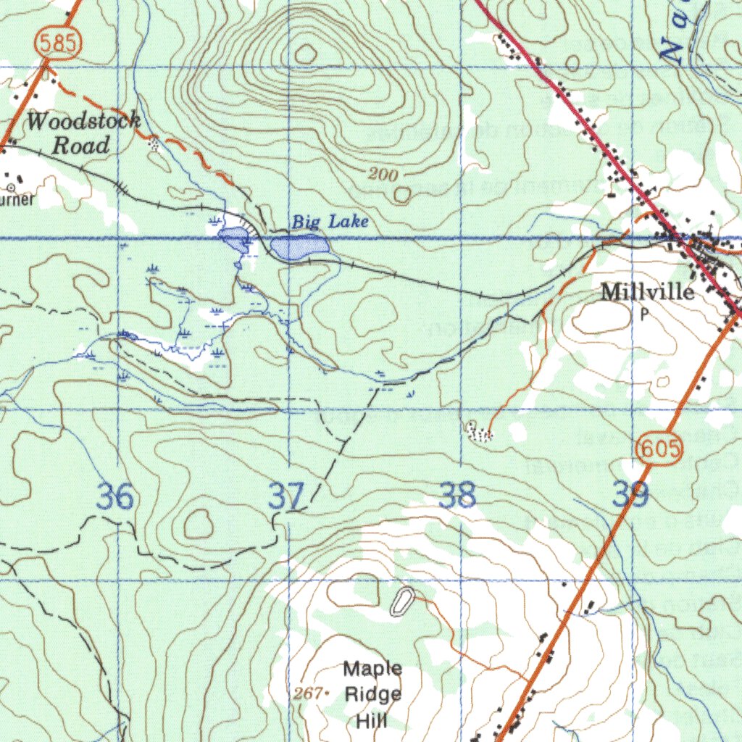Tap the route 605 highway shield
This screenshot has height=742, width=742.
coord(659,450)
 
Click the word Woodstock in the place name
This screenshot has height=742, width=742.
coord(83,121)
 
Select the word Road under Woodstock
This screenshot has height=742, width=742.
coord(81,146)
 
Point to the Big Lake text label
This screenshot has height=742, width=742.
coord(330,222)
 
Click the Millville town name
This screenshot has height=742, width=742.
coord(647,292)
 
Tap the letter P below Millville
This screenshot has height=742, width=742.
coord(644,314)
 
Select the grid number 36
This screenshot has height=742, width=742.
coord(116,498)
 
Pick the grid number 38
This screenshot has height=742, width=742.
coord(458,496)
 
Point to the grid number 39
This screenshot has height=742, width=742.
coord(630,496)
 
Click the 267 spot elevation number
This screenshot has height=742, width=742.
coord(308,693)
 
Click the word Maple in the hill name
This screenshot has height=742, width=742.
coord(372,668)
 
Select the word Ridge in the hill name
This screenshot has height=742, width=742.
coord(372,694)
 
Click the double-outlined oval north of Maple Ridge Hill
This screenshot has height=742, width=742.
coord(401,602)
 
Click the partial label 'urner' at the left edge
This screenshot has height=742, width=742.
coord(17,199)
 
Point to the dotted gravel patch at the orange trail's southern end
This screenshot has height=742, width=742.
coord(480,433)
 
